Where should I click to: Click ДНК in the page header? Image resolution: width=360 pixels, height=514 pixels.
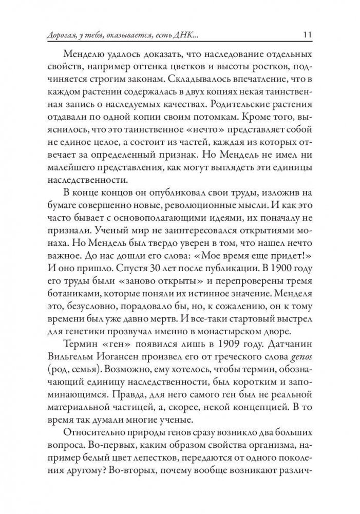pos(182,35)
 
